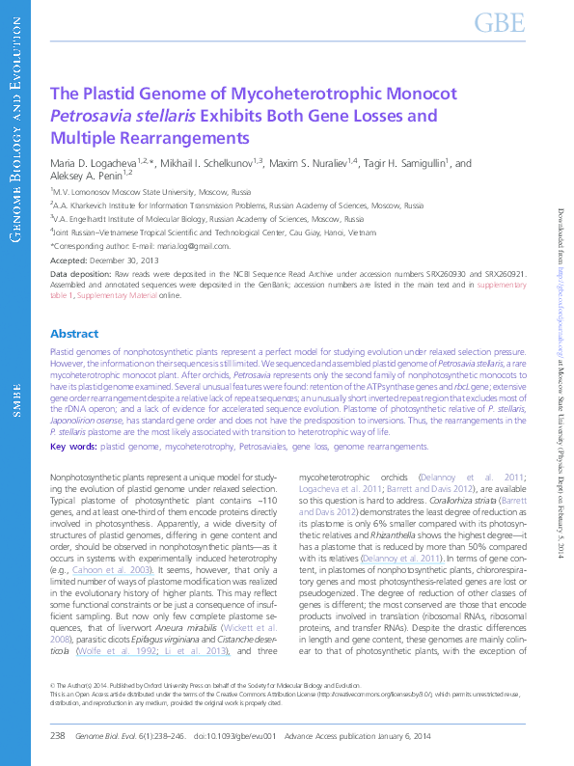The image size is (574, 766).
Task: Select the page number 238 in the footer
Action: (56, 736)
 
